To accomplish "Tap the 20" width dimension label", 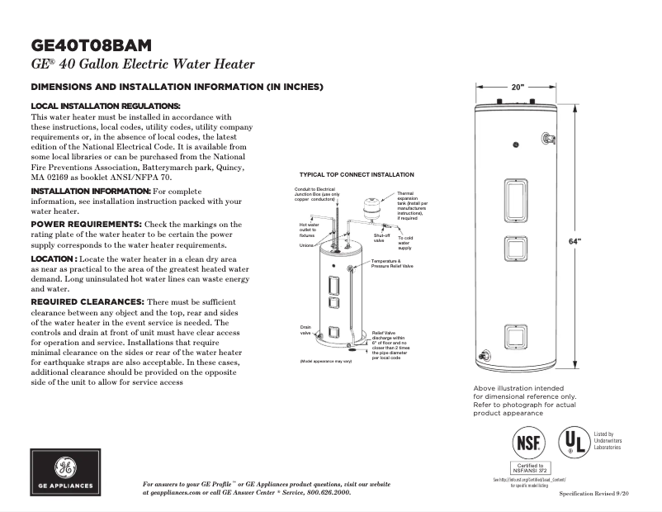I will (518, 87).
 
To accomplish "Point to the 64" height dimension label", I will (575, 240).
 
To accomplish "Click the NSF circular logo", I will (528, 442).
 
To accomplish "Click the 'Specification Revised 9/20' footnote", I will (594, 492).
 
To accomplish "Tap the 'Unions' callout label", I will (306, 245).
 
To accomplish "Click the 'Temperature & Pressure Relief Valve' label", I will (392, 263).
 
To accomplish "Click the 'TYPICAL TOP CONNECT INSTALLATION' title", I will (357, 175).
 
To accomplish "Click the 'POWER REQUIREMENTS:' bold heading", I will (86, 224).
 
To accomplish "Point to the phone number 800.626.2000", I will (318, 492).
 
